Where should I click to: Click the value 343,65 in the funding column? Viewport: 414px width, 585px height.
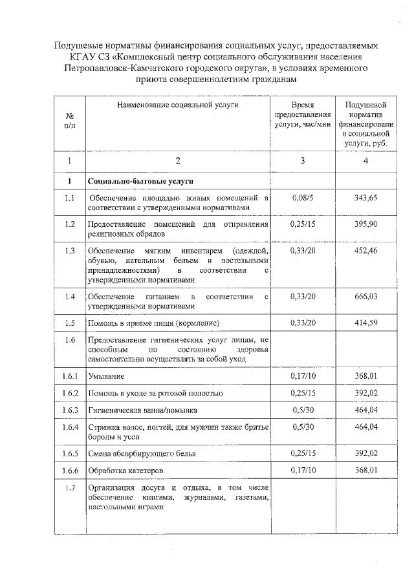tap(366, 198)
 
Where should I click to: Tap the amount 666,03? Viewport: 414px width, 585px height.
tap(366, 296)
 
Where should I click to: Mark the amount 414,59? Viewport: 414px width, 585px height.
tap(366, 323)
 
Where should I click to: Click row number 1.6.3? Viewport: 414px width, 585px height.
tap(70, 410)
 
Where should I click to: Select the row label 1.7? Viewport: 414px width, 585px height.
tap(70, 487)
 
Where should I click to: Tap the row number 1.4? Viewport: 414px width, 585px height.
tap(70, 296)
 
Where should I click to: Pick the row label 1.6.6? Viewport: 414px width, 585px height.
tap(70, 469)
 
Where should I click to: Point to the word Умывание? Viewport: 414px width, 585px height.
tap(106, 376)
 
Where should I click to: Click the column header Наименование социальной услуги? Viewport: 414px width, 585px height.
tap(178, 104)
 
